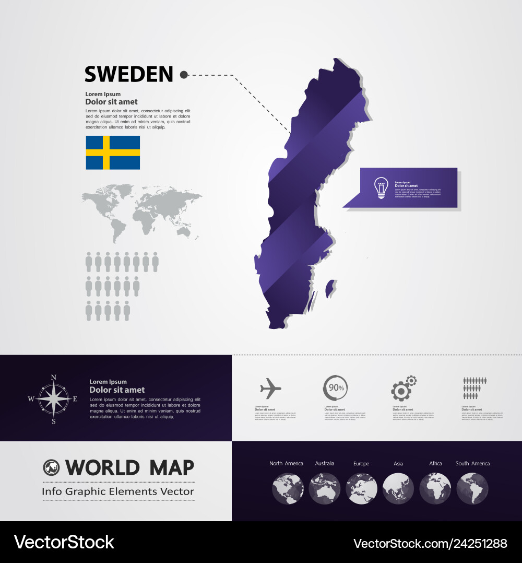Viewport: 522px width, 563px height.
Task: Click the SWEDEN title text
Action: (x=128, y=75)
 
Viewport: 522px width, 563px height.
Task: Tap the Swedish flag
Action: (x=113, y=153)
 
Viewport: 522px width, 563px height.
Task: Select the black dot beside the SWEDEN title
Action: (x=184, y=75)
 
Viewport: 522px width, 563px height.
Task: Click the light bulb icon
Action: (x=381, y=187)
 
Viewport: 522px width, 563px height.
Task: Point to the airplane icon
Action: (x=270, y=388)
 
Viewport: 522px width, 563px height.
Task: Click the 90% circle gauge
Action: (x=335, y=388)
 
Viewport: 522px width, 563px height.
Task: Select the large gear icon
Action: (x=401, y=391)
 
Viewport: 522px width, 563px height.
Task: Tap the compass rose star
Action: (x=53, y=399)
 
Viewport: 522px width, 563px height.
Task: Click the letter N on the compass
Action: (x=53, y=378)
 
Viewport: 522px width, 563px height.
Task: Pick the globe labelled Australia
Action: (x=324, y=488)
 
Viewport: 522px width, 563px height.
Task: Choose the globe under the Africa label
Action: (x=435, y=488)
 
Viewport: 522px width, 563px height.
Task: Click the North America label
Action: (x=286, y=463)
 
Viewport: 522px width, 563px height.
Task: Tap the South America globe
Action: (x=472, y=488)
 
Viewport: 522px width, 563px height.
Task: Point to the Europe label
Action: (x=361, y=463)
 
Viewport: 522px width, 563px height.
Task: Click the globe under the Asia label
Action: (x=398, y=488)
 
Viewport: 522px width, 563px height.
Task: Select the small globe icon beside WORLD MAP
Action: (x=52, y=467)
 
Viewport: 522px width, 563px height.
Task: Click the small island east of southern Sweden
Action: (x=330, y=289)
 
